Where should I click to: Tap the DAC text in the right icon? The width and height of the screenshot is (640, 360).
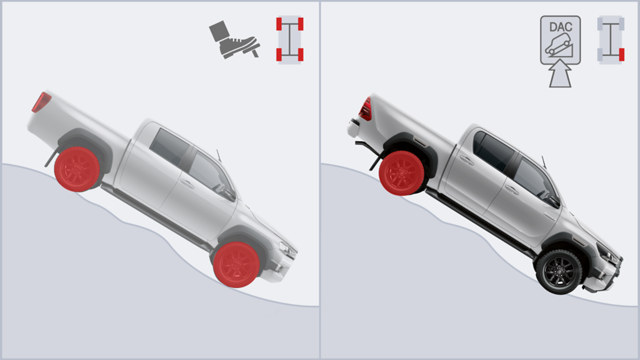point(561,27)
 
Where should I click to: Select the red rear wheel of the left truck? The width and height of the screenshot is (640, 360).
point(77,169)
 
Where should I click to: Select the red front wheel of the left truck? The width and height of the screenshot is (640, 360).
point(236,264)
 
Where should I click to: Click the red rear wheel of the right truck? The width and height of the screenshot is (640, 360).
point(401,173)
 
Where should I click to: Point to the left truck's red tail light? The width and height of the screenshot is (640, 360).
point(41,102)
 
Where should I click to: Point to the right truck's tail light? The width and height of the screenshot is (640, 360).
point(365,109)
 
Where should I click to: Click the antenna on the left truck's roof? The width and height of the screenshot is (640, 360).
point(218,155)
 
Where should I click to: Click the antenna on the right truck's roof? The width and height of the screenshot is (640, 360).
point(543,162)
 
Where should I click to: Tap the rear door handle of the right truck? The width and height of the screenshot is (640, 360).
point(466,160)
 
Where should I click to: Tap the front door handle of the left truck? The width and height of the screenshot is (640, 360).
point(187,183)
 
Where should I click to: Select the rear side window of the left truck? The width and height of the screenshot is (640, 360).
point(169,146)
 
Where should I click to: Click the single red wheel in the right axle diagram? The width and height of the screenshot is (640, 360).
point(621,54)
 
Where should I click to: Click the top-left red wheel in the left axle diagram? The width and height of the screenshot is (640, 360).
point(279,24)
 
